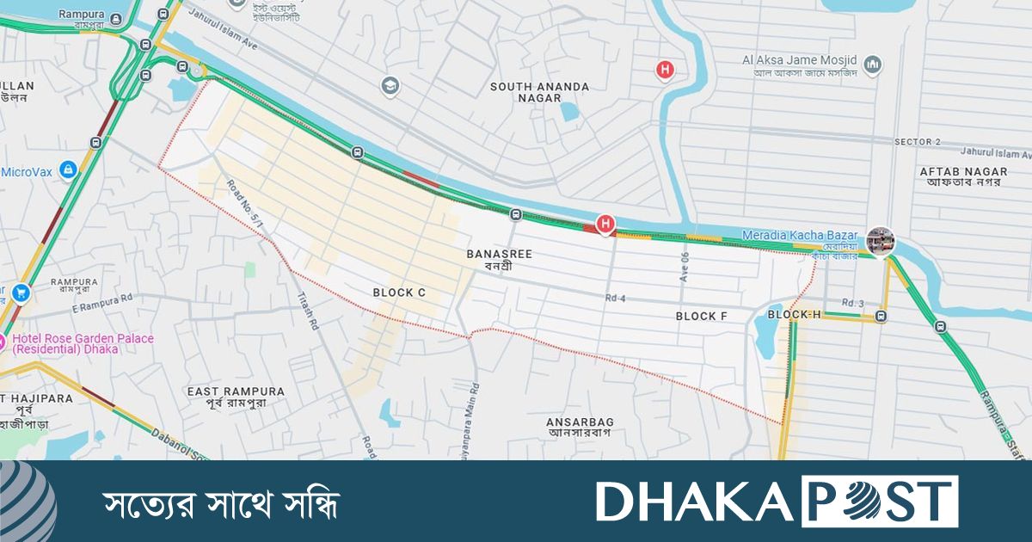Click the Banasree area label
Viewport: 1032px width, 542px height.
click(x=500, y=260)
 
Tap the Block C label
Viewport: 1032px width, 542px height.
click(x=399, y=293)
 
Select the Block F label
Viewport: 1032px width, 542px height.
click(x=702, y=317)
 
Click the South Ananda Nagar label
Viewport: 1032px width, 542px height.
click(x=539, y=92)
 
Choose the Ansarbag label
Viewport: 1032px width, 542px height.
click(x=580, y=427)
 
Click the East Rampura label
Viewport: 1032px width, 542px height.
click(x=236, y=397)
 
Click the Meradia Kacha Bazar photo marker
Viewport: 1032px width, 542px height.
click(x=880, y=241)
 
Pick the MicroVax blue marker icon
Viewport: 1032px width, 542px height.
click(x=68, y=169)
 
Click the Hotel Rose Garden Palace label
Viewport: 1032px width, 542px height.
click(x=82, y=343)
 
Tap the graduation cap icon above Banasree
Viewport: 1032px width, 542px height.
click(x=390, y=86)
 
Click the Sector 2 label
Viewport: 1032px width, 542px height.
click(x=918, y=141)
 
